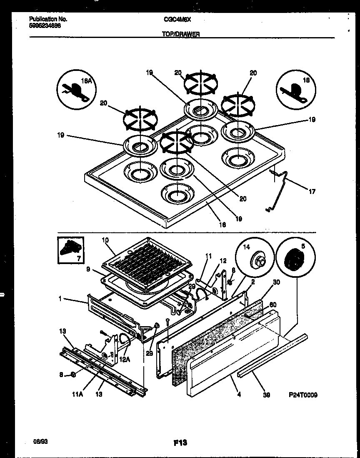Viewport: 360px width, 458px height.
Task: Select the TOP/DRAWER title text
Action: pyautogui.click(x=180, y=35)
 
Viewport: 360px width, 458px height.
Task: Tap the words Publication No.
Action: pyautogui.click(x=49, y=19)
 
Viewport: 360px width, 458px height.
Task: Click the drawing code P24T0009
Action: pyautogui.click(x=302, y=395)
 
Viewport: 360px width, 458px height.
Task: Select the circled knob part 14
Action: pyautogui.click(x=255, y=261)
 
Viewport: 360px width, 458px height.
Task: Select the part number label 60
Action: pyautogui.click(x=273, y=304)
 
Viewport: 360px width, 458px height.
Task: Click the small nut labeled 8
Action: pyautogui.click(x=72, y=374)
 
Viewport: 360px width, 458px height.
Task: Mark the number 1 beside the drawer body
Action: pyautogui.click(x=61, y=299)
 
